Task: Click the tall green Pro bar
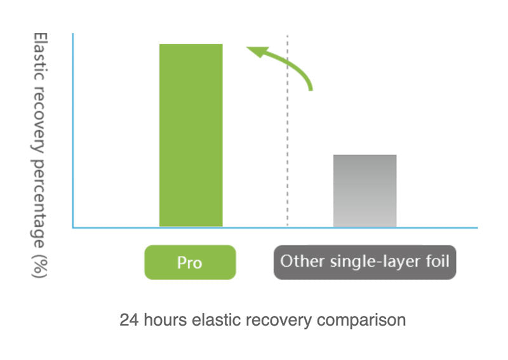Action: pos(191,135)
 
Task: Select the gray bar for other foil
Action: pos(364,191)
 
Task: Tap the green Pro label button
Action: pos(190,262)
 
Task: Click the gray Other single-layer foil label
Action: pos(364,262)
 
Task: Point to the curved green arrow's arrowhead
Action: pos(257,52)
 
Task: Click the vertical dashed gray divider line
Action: pos(288,130)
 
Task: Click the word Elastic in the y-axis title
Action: pos(41,57)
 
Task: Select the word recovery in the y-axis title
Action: pos(39,119)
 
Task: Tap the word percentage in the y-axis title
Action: pos(39,204)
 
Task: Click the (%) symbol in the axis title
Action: pos(39,267)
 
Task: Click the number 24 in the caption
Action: pos(130,320)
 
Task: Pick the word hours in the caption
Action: pos(165,320)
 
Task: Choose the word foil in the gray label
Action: pos(438,261)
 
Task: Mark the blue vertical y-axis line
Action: pos(73,130)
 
